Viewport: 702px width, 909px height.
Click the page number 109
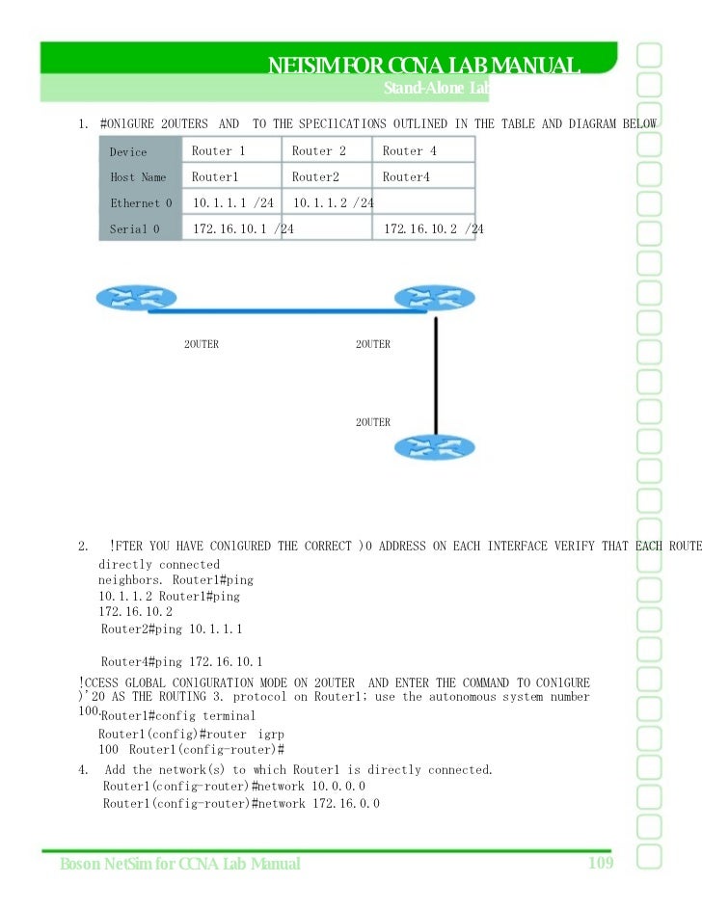tap(601, 862)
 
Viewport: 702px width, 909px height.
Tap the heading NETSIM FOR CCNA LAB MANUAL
tap(423, 66)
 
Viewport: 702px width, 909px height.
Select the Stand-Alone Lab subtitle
tap(436, 89)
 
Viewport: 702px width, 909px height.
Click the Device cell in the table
tap(128, 152)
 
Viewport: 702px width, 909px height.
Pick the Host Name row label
tap(138, 177)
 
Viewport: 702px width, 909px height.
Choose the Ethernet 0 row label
tap(141, 203)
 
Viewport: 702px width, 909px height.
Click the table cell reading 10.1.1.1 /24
tap(233, 203)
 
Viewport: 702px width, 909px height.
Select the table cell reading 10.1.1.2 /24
tap(334, 203)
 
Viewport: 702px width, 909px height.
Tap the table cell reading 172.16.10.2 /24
tap(434, 229)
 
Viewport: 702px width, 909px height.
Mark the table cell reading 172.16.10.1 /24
tap(243, 229)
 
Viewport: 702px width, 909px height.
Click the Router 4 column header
tap(410, 151)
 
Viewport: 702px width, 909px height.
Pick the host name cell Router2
tap(315, 177)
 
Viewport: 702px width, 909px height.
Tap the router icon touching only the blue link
tap(123, 299)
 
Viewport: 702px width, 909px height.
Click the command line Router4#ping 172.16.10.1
tap(181, 662)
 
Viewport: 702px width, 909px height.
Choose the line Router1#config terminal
tap(178, 716)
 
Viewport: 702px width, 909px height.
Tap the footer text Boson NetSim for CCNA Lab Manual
tap(179, 864)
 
